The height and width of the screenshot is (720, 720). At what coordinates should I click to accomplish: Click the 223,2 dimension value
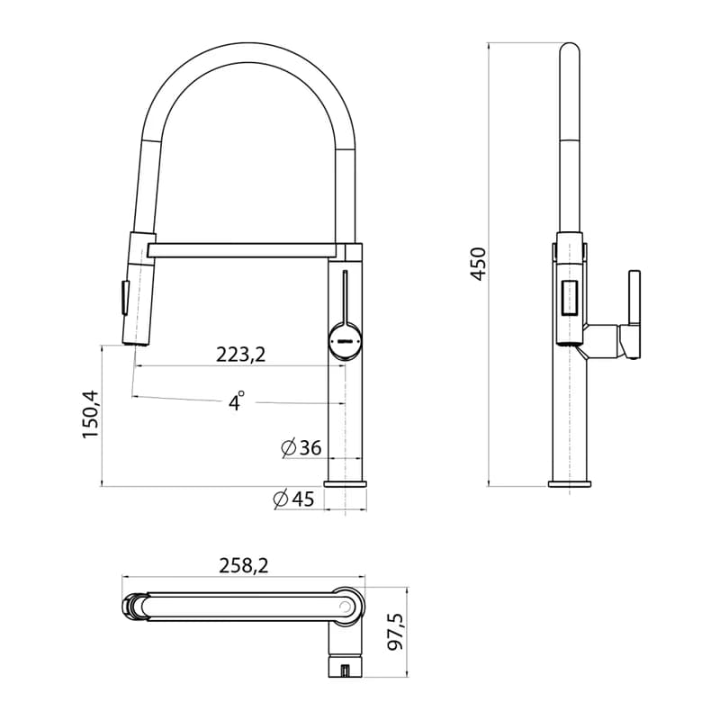240,354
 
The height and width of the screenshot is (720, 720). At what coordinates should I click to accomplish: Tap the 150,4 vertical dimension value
91,414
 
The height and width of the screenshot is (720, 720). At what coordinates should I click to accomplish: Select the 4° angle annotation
236,400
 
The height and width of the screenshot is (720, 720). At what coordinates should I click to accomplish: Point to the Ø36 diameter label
301,448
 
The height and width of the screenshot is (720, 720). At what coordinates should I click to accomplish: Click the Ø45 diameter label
294,499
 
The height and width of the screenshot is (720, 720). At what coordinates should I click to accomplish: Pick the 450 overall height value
478,264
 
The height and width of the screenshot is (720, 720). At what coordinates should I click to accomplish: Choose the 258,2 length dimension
243,566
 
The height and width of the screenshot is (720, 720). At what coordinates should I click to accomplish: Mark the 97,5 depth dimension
395,632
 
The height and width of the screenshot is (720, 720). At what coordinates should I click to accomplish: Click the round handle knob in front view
346,341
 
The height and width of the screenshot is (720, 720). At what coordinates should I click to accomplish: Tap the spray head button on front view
124,298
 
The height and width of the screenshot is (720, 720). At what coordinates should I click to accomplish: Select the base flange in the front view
346,483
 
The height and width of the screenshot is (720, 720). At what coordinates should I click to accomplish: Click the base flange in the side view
570,483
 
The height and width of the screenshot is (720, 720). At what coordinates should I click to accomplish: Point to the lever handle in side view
634,313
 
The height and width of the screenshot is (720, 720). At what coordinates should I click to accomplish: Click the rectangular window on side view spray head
570,298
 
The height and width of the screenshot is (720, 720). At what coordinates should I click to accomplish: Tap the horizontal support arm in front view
246,250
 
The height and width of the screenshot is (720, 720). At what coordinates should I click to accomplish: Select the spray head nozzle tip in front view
136,343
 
